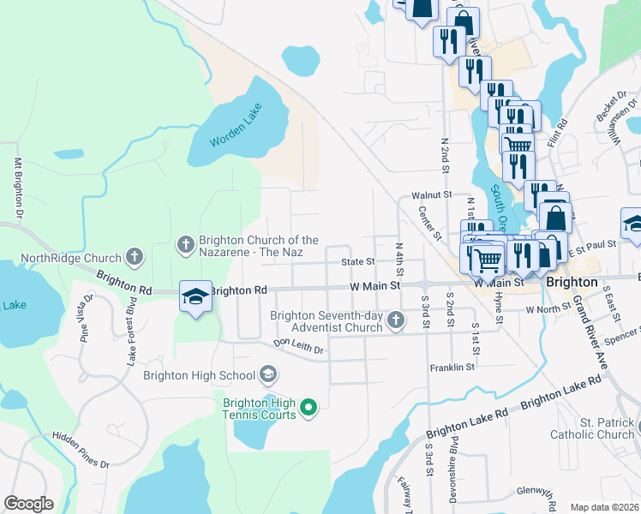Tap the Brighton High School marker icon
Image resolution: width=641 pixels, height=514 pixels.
point(268,374)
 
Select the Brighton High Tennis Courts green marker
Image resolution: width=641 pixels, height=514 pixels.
point(309,408)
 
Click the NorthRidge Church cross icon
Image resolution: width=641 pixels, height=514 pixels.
point(134,256)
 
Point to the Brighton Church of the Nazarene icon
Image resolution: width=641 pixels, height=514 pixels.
point(186,246)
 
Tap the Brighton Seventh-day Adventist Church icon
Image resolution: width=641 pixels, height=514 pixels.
point(395,321)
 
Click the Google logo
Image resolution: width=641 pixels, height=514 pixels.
point(28,504)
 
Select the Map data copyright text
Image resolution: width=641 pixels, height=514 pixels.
point(604,507)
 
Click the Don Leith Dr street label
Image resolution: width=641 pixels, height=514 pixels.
point(298,348)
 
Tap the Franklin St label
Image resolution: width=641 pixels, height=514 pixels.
point(452,368)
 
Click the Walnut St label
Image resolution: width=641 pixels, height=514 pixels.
point(431,194)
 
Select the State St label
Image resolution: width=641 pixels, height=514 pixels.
point(358,261)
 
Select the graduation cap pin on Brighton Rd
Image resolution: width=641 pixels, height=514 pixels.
point(195,297)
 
